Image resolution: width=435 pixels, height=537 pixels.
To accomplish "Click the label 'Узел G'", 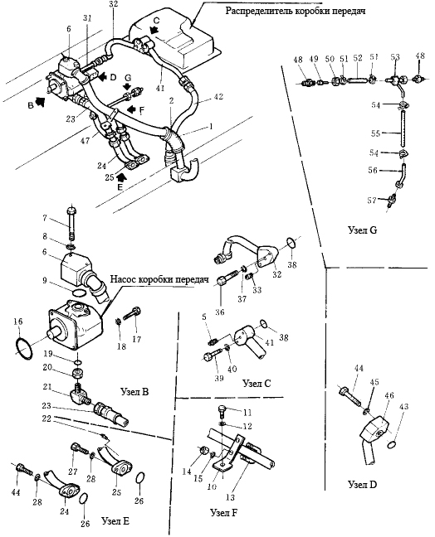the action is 362,230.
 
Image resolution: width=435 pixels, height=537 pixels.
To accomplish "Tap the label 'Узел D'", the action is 362,484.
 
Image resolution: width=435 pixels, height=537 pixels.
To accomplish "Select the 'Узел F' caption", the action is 224,512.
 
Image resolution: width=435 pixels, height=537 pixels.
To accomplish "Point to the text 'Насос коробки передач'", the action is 159,280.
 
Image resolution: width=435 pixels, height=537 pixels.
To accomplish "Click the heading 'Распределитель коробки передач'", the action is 295,11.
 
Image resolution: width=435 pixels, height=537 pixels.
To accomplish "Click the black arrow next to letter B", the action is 41,102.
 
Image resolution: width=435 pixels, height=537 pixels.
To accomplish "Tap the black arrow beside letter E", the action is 120,177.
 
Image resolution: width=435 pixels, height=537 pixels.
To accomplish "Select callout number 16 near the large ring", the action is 18,322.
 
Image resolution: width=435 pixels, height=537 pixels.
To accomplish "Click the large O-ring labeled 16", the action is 24,348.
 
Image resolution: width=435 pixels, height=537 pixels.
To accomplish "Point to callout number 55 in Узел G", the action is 376,133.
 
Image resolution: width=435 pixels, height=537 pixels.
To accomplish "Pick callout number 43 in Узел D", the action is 403,407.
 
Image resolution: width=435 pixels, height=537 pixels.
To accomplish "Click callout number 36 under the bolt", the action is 219,312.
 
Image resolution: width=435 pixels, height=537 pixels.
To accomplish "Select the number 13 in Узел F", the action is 230,497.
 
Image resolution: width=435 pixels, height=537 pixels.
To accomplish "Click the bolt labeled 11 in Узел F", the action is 222,411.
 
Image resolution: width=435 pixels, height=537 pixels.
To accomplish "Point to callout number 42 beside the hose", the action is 217,97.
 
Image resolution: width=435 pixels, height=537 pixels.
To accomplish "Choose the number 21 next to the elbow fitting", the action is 47,387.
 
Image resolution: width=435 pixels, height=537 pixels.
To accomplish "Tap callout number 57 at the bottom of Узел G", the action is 372,200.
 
